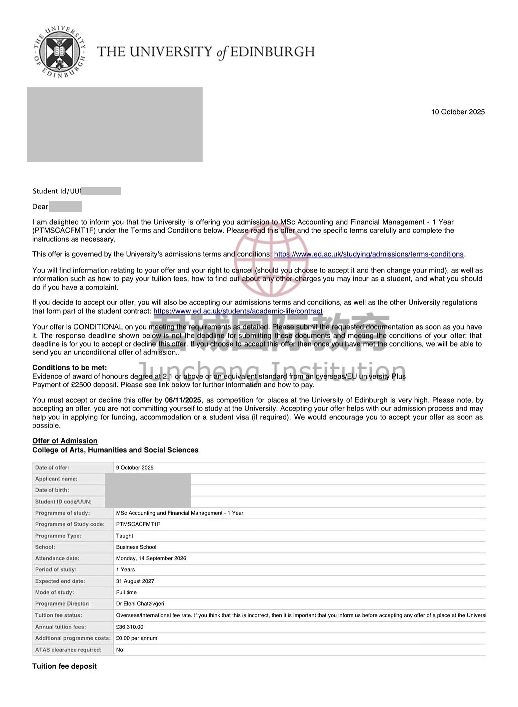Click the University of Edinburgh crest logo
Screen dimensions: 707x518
(60, 52)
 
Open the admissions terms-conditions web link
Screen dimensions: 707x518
(368, 254)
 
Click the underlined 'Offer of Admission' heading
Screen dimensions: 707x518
(65, 441)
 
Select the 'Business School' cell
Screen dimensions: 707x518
(136, 547)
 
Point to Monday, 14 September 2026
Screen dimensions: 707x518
(151, 558)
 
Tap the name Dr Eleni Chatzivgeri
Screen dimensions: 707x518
(140, 604)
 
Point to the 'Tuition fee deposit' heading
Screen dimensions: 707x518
(64, 666)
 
